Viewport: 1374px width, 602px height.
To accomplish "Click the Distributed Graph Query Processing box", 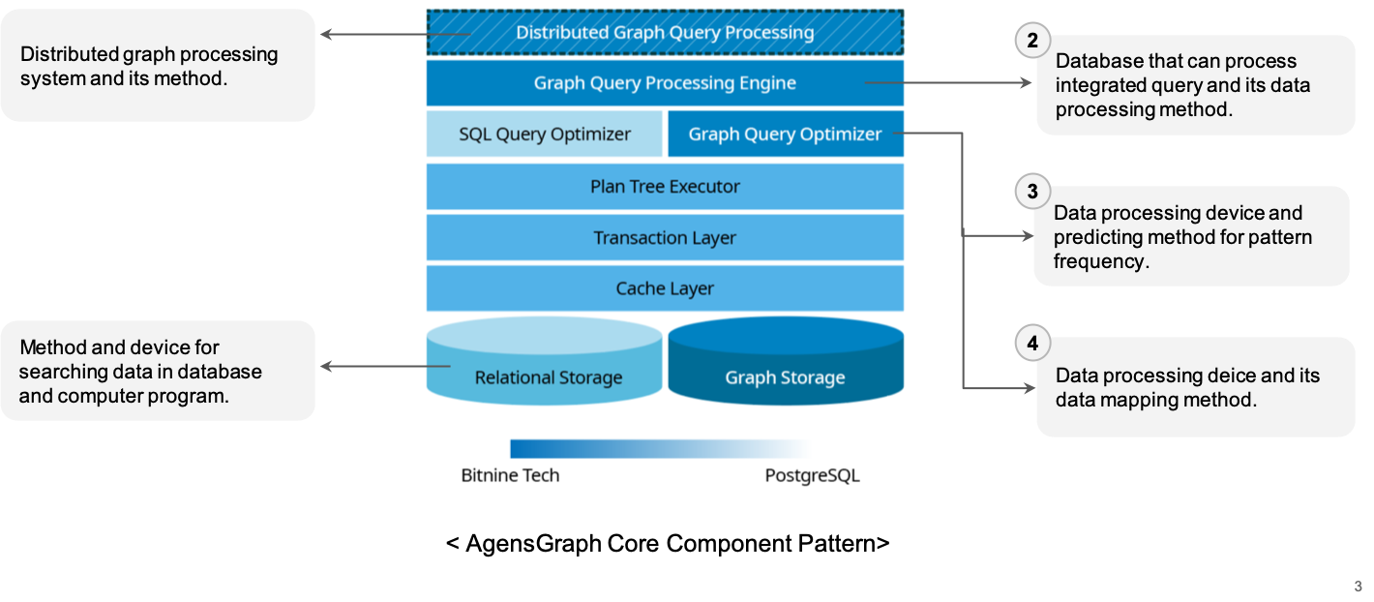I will click(x=665, y=33).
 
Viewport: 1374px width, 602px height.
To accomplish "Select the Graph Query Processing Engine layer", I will click(x=665, y=83).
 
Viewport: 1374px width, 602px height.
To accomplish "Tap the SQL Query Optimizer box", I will click(x=544, y=135).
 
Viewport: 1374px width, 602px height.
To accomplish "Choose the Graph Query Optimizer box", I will click(x=785, y=135).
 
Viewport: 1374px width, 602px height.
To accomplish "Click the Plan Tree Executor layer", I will click(x=665, y=187).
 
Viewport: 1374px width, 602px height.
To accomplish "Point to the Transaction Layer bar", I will click(x=665, y=238).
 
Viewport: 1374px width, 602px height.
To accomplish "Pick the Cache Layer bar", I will click(x=665, y=288).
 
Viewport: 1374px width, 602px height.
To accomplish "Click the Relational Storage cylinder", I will click(x=548, y=377).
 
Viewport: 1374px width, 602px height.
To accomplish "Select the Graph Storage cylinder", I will click(x=785, y=377).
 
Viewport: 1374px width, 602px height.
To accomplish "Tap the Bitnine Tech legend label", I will click(x=510, y=475).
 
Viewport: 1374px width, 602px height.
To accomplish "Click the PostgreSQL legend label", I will click(x=812, y=475).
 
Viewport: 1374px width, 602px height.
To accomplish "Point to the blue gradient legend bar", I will click(x=661, y=448).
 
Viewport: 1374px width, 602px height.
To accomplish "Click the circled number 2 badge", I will click(x=1032, y=41).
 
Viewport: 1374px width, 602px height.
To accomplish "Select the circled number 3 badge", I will click(x=1032, y=192).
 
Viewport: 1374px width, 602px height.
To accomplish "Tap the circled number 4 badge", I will click(x=1032, y=343).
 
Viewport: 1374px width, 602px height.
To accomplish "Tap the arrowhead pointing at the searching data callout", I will click(x=325, y=366).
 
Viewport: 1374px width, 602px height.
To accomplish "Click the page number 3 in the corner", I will click(x=1358, y=587).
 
